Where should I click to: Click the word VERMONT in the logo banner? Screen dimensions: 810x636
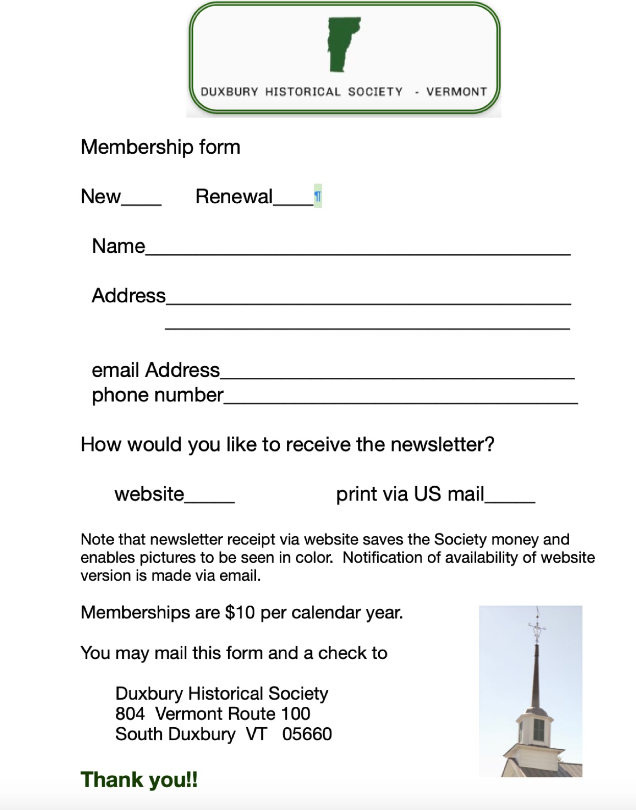click(x=456, y=92)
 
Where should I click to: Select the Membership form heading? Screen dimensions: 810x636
click(x=160, y=147)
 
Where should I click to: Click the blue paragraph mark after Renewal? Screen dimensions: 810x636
click(x=317, y=197)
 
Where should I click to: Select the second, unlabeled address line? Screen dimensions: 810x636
click(x=368, y=327)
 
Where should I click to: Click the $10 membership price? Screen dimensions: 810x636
click(x=240, y=612)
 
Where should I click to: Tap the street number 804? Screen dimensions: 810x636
click(x=130, y=714)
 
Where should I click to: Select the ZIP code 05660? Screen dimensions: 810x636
click(x=307, y=734)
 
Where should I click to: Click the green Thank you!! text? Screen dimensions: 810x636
click(x=139, y=780)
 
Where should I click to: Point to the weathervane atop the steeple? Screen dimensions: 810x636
click(x=537, y=626)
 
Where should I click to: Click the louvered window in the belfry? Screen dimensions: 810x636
click(x=538, y=730)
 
